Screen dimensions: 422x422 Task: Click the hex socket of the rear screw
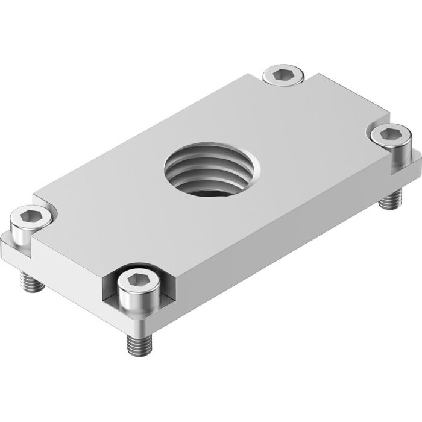pos(282,75)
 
